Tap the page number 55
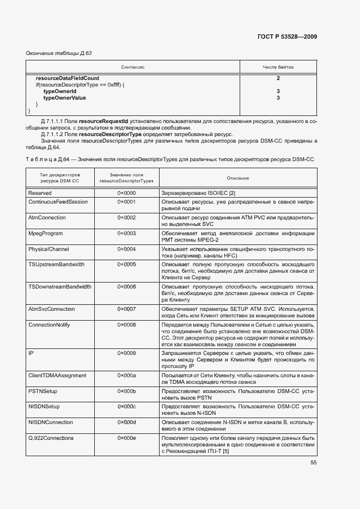pos(314,463)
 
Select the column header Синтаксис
pos(132,67)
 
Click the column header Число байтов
pos(278,67)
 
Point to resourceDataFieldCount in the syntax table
pos(68,78)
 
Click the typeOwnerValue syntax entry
pos(64,98)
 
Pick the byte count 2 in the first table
pos(278,78)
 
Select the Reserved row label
pos(40,193)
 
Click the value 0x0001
pos(126,201)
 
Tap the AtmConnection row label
pos(47,218)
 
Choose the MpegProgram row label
pos(45,234)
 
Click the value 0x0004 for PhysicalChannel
pos(126,249)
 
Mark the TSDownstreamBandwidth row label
pos(59,286)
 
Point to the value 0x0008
pos(126,324)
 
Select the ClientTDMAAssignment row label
pos(57,376)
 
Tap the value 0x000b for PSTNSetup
pos(126,391)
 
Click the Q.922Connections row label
pos(51,438)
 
